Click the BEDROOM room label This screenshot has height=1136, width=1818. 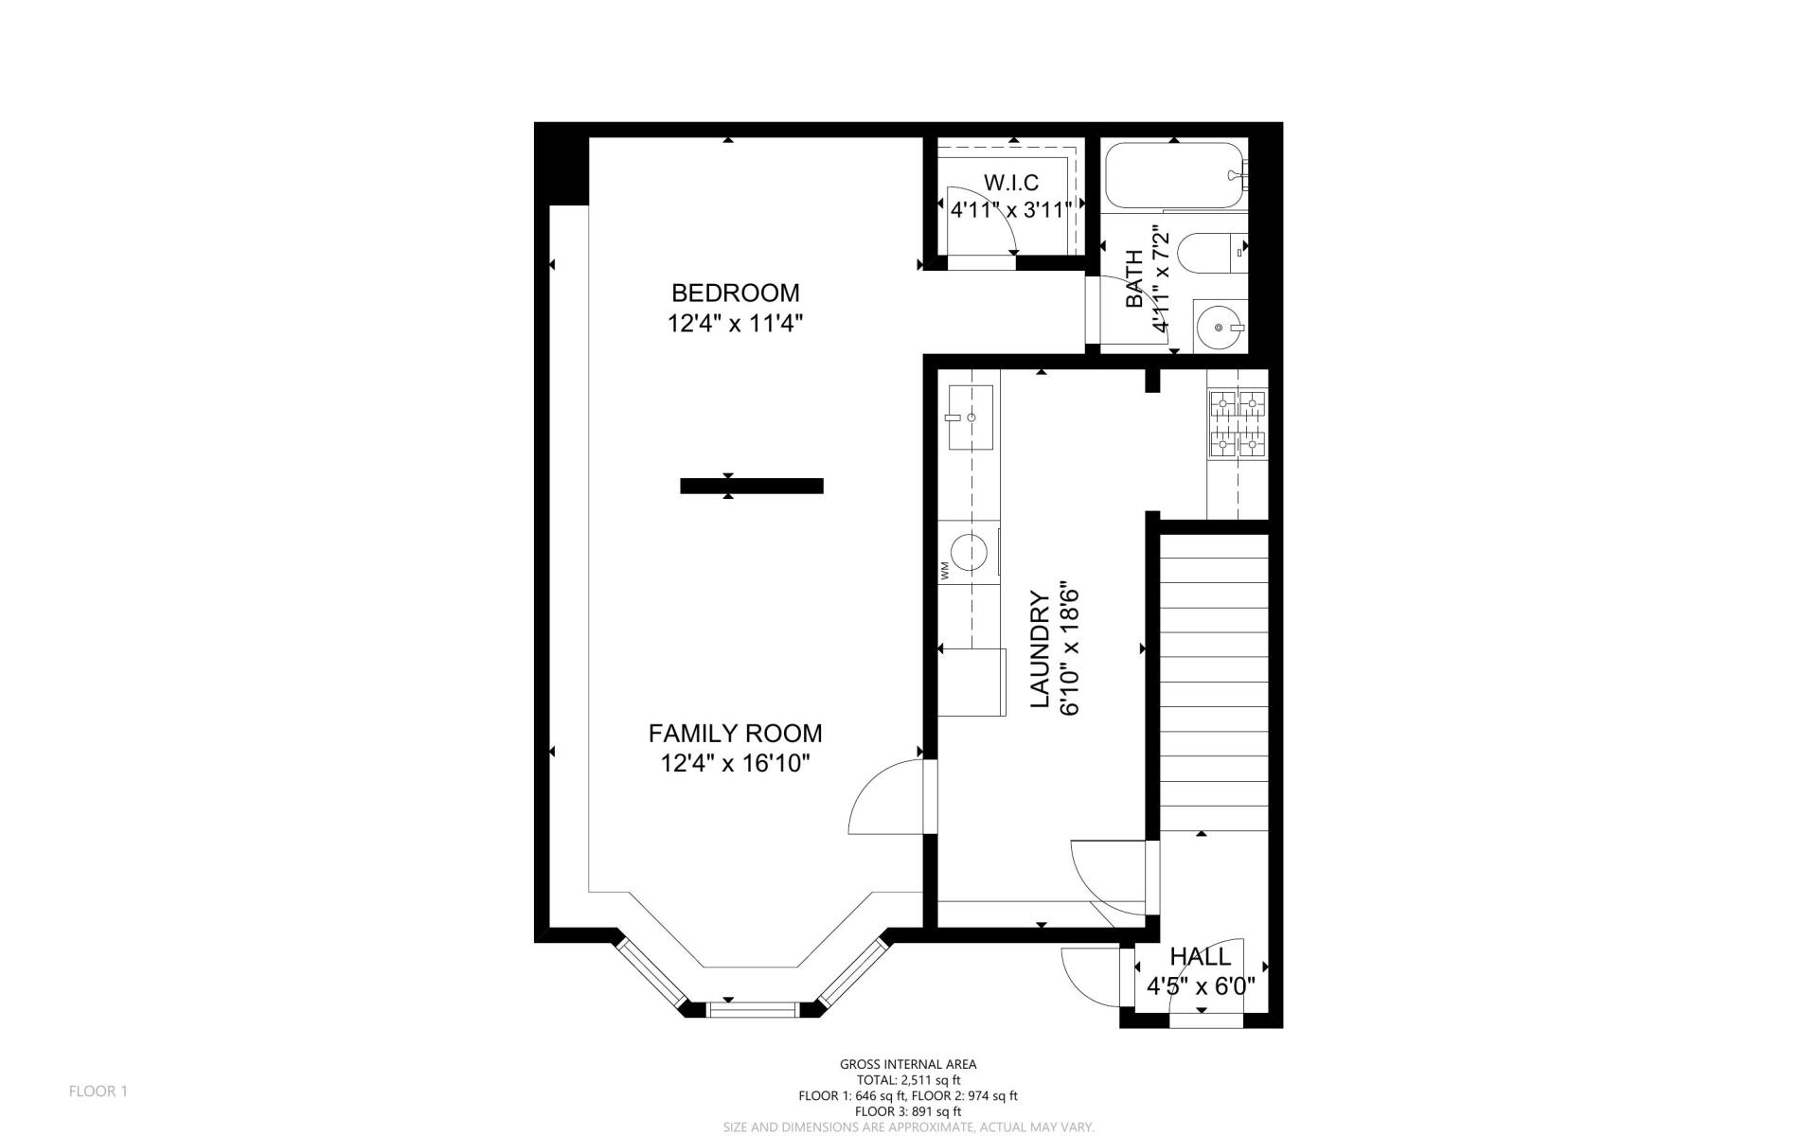735,293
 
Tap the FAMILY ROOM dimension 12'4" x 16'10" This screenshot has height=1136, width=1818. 735,763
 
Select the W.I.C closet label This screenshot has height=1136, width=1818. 1010,183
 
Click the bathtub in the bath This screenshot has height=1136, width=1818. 1172,175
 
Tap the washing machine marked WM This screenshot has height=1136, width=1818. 969,552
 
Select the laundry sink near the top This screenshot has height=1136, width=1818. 970,417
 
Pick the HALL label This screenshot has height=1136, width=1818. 1200,956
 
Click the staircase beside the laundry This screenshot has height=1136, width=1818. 1213,682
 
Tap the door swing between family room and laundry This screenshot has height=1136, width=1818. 885,800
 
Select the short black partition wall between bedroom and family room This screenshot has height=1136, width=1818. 752,486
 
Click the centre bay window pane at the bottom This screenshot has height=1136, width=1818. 753,1011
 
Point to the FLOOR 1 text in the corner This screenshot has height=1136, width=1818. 98,1092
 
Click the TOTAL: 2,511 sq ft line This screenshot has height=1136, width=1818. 907,1080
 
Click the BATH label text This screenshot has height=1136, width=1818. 1133,279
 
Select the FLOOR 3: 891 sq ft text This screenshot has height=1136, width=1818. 907,1111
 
